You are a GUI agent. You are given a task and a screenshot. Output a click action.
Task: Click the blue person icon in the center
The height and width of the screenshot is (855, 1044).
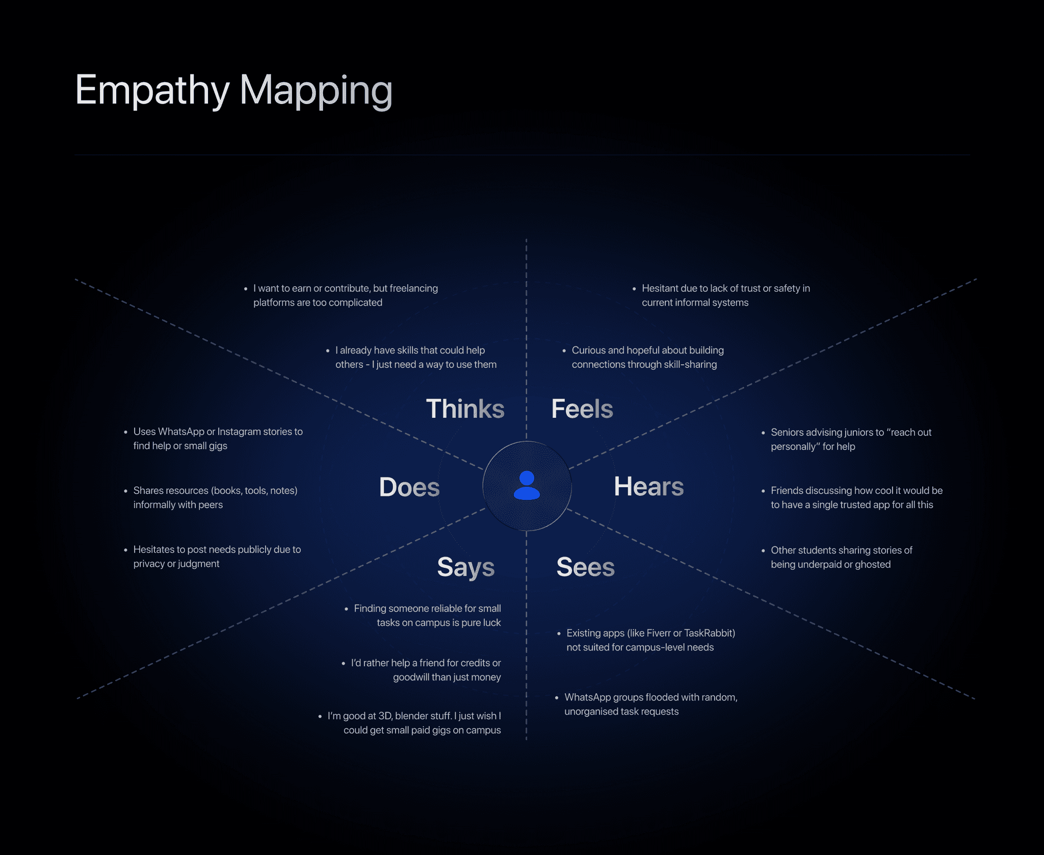point(527,485)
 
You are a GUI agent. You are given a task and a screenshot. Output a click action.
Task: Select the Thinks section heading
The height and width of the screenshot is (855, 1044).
point(465,409)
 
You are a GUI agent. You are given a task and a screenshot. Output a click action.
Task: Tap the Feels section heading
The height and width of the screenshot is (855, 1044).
point(582,409)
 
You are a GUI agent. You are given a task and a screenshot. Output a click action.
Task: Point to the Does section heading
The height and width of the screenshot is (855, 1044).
point(409,487)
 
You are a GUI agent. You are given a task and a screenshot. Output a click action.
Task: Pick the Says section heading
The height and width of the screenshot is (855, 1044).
point(465,567)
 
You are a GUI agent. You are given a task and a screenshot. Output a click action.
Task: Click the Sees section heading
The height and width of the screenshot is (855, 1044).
point(585,567)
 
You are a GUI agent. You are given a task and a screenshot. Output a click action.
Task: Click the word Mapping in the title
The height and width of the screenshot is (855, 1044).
point(316,90)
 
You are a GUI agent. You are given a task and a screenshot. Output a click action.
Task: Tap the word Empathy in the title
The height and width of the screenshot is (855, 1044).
point(152,90)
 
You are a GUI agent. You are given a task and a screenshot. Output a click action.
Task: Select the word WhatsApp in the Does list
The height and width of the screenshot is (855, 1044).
point(181,432)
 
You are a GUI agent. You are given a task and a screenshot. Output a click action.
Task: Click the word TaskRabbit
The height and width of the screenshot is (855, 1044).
point(709,633)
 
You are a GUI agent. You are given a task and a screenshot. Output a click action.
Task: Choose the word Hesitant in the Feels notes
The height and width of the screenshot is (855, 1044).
point(660,288)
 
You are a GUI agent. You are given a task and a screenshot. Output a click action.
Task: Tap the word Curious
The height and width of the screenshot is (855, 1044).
point(589,350)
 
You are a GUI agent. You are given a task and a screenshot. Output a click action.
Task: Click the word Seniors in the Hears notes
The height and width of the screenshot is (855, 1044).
point(787,432)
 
